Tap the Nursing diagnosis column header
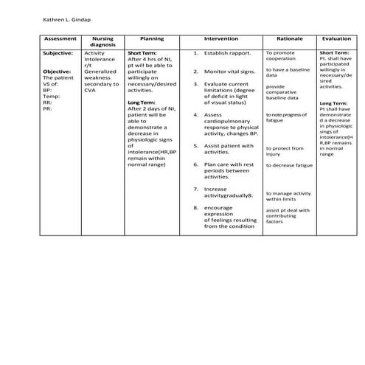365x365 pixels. coord(102,41)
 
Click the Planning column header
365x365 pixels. coord(151,38)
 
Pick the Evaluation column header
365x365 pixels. coord(336,38)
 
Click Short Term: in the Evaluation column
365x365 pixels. coord(333,53)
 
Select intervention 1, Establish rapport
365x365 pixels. coord(228,54)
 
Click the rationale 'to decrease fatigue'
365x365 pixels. coord(289,165)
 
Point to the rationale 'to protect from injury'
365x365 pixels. coord(284,151)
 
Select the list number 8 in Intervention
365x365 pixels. coord(195,209)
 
